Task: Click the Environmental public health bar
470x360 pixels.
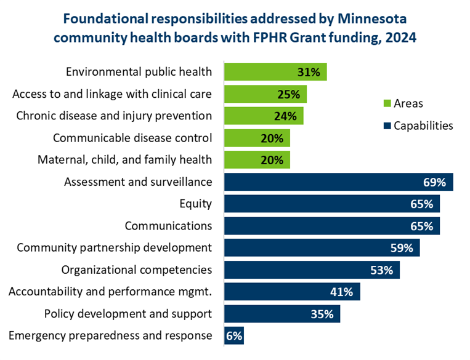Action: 275,72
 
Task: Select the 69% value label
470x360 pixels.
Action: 434,182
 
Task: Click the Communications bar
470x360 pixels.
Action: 331,226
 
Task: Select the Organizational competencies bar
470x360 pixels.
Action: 311,270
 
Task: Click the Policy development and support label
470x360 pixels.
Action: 128,314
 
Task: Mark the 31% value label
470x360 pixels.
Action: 308,72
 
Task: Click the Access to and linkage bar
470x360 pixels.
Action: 265,94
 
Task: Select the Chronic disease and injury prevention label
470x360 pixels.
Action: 114,116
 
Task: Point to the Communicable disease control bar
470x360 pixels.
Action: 256,138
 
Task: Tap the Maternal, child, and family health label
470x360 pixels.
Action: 124,159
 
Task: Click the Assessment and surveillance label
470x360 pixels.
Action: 138,182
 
